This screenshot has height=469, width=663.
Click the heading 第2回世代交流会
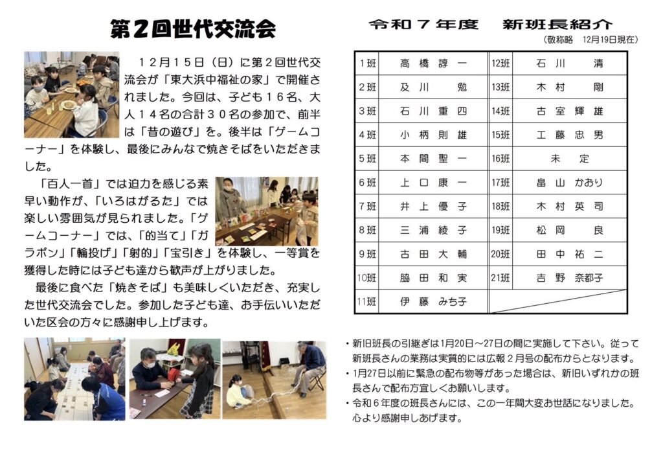[x=193, y=29]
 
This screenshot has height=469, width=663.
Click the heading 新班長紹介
[x=557, y=25]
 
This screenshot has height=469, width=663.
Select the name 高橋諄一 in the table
[x=433, y=63]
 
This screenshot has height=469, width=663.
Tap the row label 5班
[x=367, y=159]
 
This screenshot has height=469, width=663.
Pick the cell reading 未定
[x=570, y=159]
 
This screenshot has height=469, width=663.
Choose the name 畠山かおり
[x=570, y=183]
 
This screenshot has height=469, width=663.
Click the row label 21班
[x=500, y=278]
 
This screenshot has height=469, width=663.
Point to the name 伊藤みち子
[x=433, y=301]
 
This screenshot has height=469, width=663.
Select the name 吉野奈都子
[x=570, y=278]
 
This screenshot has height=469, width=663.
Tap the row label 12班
[x=500, y=63]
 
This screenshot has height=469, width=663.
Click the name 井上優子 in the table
[x=433, y=207]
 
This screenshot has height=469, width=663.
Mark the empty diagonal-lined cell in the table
[x=557, y=301]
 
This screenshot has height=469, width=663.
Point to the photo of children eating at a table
[x=71, y=95]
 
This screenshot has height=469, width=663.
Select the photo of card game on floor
[x=74, y=379]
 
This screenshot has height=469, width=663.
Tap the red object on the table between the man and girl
[x=174, y=374]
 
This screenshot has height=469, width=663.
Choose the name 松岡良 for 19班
[x=570, y=231]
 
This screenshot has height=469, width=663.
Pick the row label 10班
[x=367, y=278]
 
